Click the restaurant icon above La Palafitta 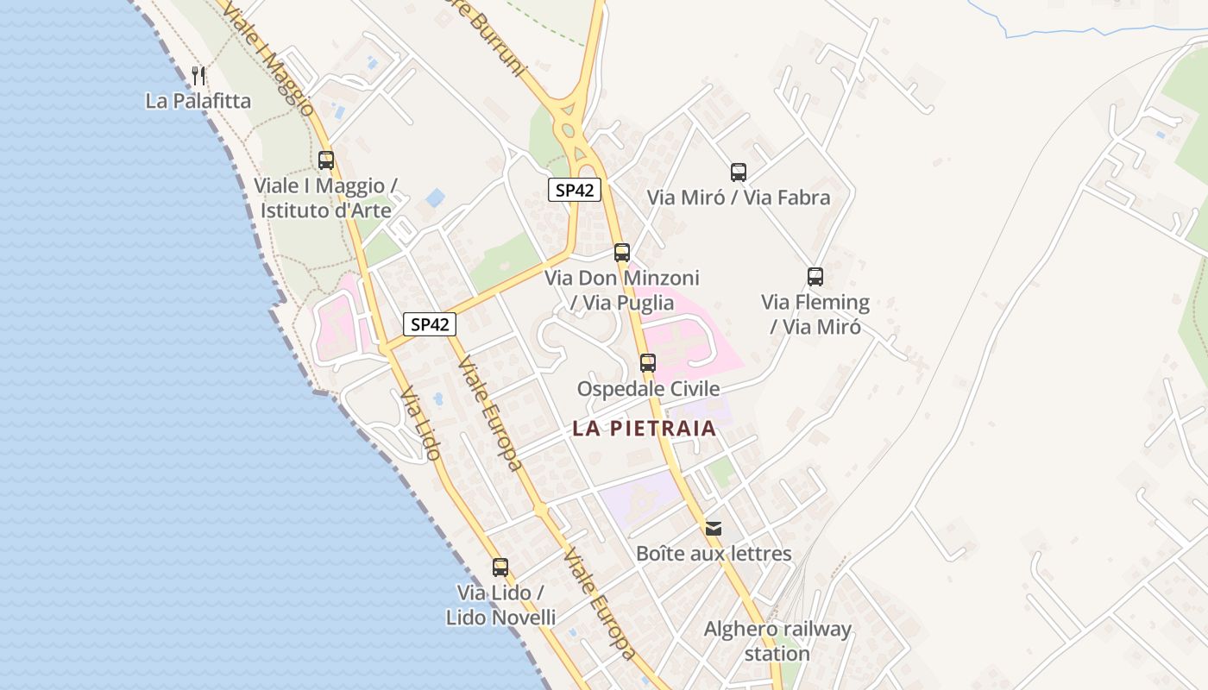(198, 75)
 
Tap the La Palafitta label (198, 101)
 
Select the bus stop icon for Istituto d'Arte (326, 160)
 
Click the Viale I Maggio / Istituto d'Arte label (324, 198)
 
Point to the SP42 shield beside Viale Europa (430, 324)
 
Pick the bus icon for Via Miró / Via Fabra (739, 172)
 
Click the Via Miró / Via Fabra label (739, 198)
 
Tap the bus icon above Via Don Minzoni (622, 253)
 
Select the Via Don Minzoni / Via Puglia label (622, 290)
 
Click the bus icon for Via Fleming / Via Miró (815, 277)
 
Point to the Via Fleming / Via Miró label (815, 314)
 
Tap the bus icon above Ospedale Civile (648, 363)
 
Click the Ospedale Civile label (648, 389)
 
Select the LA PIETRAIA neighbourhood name (645, 429)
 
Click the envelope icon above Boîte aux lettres (714, 529)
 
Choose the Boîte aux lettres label (714, 554)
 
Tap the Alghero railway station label (777, 641)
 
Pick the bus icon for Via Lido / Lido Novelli (500, 567)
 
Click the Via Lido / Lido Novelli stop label (500, 605)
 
